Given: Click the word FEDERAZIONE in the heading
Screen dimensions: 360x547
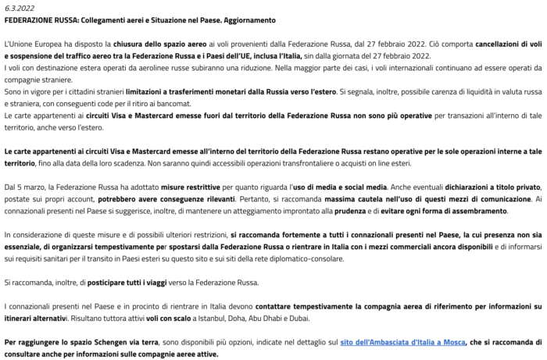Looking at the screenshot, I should [x=29, y=20].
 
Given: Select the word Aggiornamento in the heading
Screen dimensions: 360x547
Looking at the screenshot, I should [x=250, y=20].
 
